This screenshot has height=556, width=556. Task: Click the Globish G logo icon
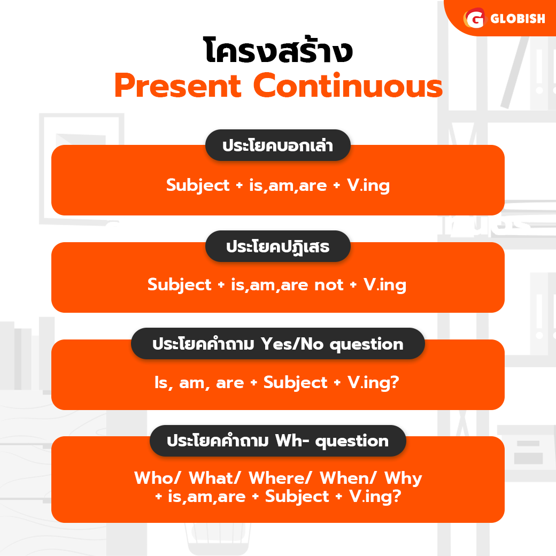[474, 18]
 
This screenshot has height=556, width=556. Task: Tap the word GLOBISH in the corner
[518, 18]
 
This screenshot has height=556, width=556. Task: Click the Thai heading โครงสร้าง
[278, 50]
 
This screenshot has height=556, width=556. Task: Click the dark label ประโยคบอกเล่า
[278, 145]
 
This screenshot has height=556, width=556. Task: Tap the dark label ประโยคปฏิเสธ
[278, 246]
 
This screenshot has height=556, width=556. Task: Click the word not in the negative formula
[329, 285]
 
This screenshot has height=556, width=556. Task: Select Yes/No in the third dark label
[292, 344]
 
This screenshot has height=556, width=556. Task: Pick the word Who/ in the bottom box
[157, 478]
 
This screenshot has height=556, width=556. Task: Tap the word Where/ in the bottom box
[280, 478]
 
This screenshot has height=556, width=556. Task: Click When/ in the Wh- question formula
[348, 478]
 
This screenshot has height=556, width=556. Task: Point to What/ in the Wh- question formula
[215, 478]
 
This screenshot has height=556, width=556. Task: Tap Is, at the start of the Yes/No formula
[164, 383]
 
